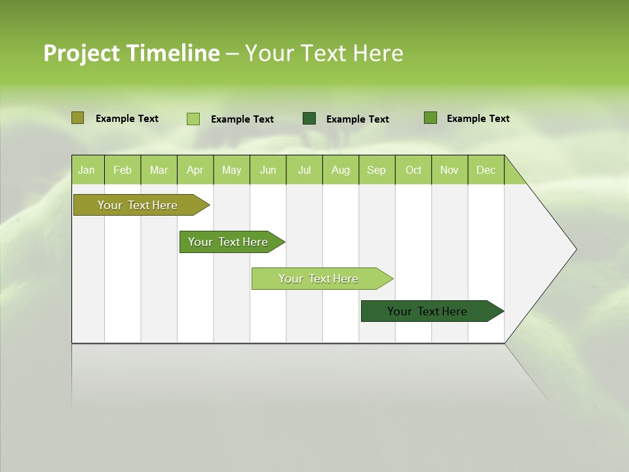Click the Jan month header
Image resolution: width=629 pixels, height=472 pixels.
pos(87,170)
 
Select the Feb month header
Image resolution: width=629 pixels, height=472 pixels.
pos(123,170)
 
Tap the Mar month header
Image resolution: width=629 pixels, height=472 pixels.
pos(159,170)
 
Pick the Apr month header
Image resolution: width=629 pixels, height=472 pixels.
pos(195,170)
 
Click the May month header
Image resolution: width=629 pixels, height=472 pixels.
pos(231,170)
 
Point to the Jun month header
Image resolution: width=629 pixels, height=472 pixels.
pos(268,170)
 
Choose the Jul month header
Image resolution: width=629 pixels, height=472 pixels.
pos(304,170)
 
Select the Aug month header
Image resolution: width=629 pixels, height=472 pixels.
pos(341,170)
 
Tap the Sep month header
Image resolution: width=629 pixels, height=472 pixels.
pos(377,170)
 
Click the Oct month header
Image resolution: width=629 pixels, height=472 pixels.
pos(413,170)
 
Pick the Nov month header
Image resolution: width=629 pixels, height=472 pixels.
pos(449,170)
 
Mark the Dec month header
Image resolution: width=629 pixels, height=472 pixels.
pos(486,170)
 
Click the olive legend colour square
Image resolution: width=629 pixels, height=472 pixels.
pos(77,118)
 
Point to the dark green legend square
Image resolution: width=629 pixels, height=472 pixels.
pos(309,118)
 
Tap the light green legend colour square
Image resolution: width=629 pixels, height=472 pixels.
pos(193,119)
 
